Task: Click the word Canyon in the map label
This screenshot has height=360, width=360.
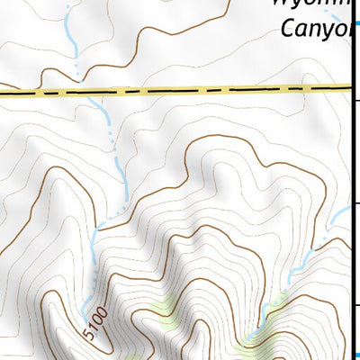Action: tap(316, 30)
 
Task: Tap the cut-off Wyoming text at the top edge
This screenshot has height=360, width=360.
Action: tap(310, 4)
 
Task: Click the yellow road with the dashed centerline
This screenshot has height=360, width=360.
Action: tap(180, 90)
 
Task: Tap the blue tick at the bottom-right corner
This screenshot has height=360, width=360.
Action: tap(355, 354)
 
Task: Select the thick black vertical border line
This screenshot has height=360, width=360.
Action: tap(351, 180)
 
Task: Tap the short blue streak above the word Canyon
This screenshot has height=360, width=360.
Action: tap(338, 16)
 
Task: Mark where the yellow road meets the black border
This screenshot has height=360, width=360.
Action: tap(349, 87)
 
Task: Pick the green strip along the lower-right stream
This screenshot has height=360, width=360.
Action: tap(270, 310)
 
